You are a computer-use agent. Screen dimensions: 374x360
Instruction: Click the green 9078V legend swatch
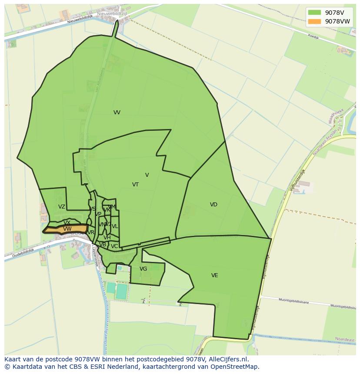tap(314, 13)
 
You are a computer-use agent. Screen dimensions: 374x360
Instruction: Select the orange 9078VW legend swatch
tap(314, 21)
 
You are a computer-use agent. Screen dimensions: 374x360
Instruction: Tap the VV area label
tap(117, 113)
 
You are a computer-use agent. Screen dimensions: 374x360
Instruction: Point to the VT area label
tap(135, 185)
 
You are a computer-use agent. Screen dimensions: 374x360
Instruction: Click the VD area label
tap(213, 205)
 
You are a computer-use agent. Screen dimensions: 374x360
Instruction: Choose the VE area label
tap(214, 275)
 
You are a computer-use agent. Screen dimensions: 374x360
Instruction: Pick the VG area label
tap(143, 269)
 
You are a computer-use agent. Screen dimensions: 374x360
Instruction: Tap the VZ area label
tap(62, 207)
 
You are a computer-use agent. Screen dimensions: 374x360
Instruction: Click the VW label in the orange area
tap(67, 229)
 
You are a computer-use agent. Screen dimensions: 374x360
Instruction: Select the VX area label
tap(67, 223)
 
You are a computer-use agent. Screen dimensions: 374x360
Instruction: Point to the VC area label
tap(114, 246)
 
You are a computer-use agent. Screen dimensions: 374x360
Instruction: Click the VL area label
tap(115, 226)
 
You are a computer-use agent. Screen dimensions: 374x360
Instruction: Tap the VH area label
tap(107, 238)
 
